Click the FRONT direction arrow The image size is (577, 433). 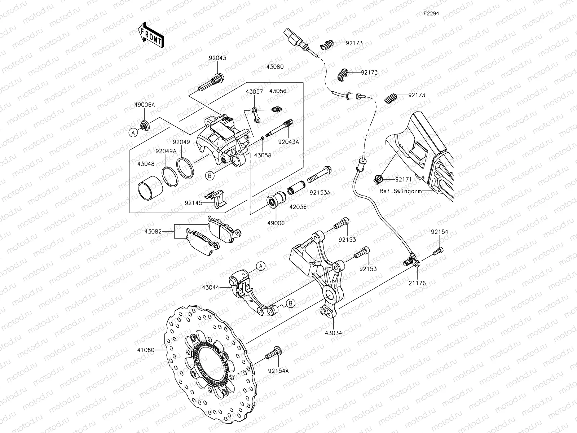(151, 35)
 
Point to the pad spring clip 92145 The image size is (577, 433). (216, 199)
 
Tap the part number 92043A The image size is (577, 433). (288, 142)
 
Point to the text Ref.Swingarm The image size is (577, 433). (400, 191)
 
